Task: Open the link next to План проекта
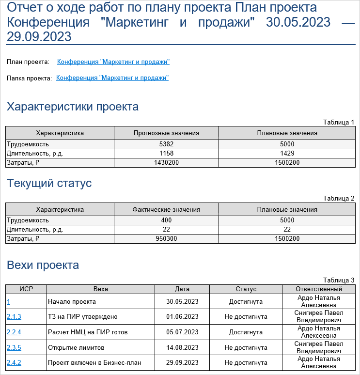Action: [113, 62]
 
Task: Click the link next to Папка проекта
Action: [112, 78]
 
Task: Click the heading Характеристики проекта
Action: [73, 107]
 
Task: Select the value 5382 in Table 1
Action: [166, 144]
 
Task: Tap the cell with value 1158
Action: [166, 153]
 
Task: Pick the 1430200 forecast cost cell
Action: [166, 162]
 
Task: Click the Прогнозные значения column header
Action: [166, 133]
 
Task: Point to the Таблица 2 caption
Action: [339, 198]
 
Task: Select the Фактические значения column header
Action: [166, 209]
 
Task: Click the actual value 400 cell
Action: [166, 220]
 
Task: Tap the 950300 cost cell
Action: [166, 238]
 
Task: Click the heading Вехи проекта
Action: [43, 265]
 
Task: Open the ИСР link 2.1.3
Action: [14, 316]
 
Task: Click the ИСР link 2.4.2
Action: [14, 362]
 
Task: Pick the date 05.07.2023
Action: [182, 332]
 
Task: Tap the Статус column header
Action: [246, 289]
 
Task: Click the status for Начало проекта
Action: [246, 301]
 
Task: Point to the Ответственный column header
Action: [318, 289]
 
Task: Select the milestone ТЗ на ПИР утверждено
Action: [76, 316]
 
